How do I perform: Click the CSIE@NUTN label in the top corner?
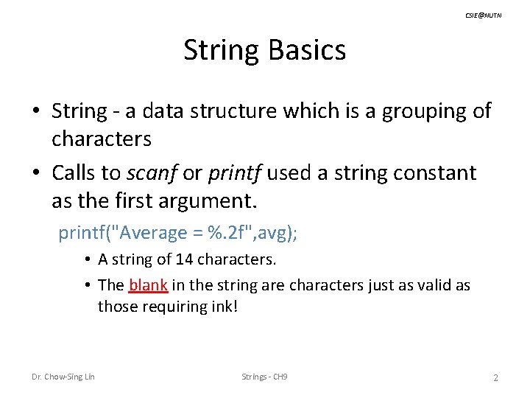coord(483,15)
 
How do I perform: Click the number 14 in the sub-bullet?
coord(175,259)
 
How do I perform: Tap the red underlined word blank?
coord(148,285)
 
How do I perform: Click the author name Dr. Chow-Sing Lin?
coord(63,377)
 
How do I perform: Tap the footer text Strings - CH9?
coord(264,377)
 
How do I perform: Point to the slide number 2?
coord(495,377)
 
